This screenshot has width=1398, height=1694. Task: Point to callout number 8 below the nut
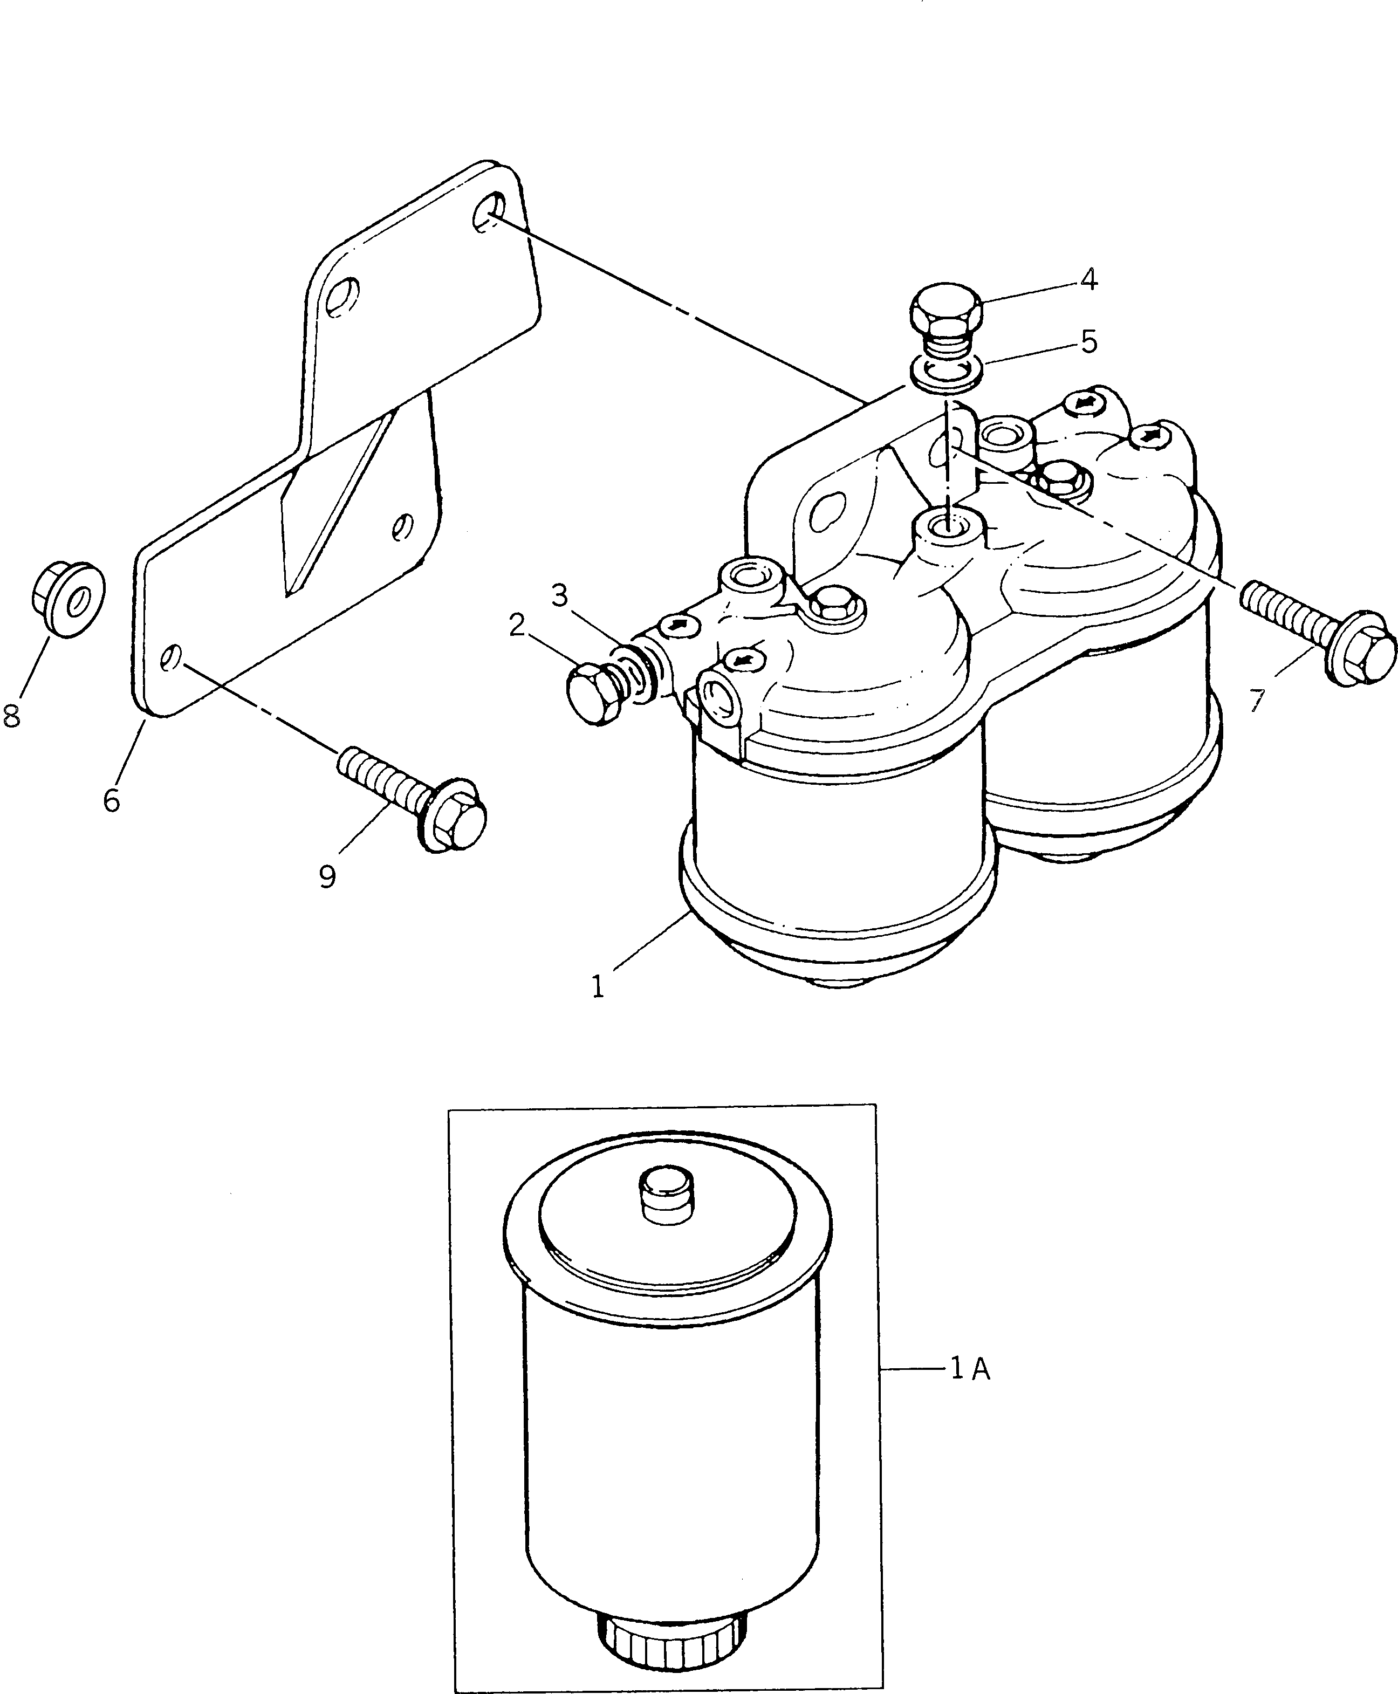click(x=11, y=715)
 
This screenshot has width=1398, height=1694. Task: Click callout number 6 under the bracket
click(x=111, y=799)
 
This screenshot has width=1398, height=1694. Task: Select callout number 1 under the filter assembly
click(x=598, y=987)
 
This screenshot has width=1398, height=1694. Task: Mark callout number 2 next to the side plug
click(x=517, y=625)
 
